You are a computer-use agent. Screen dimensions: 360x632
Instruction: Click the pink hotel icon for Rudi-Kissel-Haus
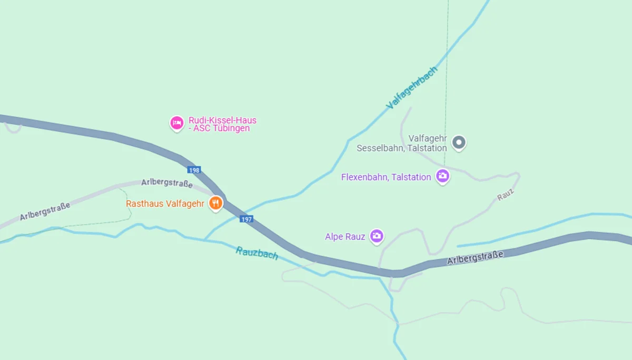[x=176, y=123]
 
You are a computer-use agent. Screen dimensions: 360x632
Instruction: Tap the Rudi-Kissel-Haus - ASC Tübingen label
[x=222, y=124]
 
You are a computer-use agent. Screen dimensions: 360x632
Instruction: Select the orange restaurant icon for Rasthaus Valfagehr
[x=215, y=203]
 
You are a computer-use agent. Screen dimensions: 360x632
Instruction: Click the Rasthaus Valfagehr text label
[x=165, y=204]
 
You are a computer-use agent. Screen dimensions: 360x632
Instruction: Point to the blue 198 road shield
[x=194, y=170]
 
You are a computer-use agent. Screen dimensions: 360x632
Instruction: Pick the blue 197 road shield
[x=246, y=219]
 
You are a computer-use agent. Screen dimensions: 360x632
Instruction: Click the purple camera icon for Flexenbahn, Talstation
[x=443, y=176]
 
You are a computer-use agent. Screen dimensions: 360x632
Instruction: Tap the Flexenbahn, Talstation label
[x=386, y=177]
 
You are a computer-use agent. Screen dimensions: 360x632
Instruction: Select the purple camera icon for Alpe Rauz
[x=376, y=236]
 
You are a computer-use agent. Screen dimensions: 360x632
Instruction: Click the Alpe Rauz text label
[x=345, y=237]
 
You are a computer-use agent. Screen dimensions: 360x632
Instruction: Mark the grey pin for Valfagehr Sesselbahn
[x=459, y=142]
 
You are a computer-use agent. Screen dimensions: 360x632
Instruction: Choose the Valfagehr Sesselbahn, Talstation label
[x=401, y=143]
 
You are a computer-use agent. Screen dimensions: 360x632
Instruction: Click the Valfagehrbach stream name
[x=412, y=88]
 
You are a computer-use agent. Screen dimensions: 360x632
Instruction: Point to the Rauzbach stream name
[x=257, y=253]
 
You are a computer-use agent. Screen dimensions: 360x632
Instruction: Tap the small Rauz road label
[x=505, y=195]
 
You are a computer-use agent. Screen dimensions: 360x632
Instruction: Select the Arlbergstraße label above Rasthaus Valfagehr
[x=167, y=183]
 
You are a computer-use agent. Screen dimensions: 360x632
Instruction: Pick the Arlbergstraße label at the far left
[x=45, y=212]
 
